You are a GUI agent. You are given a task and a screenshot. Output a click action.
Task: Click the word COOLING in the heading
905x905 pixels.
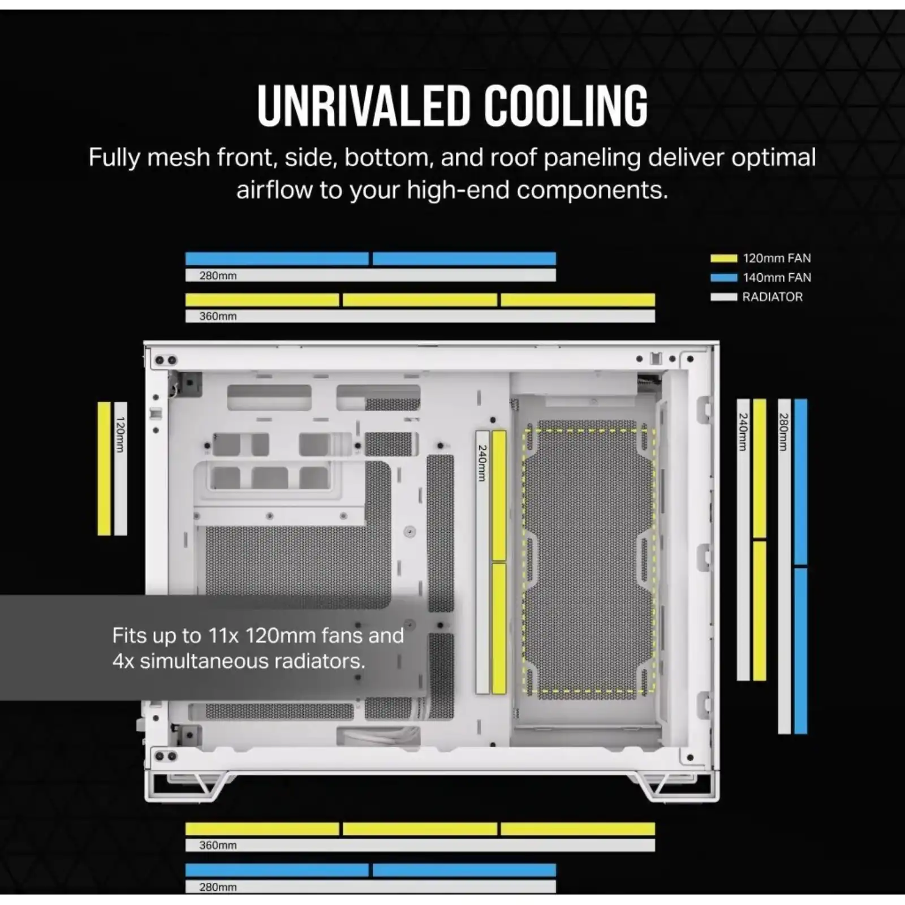coord(566,106)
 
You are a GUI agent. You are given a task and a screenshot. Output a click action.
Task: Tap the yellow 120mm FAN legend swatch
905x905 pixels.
coord(724,258)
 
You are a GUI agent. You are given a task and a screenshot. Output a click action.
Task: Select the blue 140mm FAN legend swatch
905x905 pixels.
coord(724,278)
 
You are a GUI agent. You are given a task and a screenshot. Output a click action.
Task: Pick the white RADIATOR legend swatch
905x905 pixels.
coord(724,297)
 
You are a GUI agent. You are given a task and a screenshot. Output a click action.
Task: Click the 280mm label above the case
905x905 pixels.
coord(218,276)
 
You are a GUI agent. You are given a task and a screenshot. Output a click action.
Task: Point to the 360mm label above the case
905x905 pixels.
coord(218,316)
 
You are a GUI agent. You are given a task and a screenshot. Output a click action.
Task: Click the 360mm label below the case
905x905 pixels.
coord(218,845)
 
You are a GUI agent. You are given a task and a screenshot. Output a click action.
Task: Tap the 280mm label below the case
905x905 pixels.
coord(218,887)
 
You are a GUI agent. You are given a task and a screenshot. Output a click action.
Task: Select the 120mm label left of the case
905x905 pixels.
coord(120,434)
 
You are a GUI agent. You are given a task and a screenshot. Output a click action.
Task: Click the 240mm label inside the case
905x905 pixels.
coord(482,463)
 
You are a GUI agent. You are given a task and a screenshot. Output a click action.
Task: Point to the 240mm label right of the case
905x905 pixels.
coord(743,432)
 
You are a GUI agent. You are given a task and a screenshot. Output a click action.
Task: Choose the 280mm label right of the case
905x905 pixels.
coord(783,432)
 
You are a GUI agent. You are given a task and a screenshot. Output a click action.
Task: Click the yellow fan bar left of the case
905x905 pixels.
coord(104,468)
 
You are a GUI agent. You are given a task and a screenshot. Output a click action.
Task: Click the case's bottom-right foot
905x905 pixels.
coord(673,786)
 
